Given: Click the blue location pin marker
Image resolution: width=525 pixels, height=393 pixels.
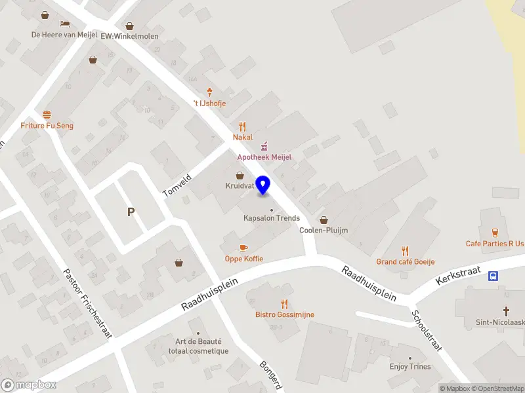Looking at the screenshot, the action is point(263,185).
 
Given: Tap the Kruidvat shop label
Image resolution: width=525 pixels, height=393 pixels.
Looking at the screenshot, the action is point(240,186).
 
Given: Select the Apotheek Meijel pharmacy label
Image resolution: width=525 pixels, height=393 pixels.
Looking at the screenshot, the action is point(264,157).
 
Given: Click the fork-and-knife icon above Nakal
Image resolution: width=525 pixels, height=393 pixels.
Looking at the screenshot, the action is point(242,126).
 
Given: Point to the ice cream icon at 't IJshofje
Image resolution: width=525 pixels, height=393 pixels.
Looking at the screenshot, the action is point(209,92).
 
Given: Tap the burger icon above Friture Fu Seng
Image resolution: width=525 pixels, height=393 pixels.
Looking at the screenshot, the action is point(47,115).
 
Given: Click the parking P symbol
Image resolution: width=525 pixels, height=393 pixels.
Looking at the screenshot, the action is point(131,212).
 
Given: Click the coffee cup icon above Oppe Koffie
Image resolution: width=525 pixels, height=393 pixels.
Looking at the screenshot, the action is point(243,248).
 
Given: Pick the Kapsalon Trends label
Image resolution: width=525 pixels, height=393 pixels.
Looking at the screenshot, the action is point(272,218).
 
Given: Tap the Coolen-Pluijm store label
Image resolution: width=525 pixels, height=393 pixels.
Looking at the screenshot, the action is point(323,230).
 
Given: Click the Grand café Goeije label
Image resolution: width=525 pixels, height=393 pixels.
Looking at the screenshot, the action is point(405,262).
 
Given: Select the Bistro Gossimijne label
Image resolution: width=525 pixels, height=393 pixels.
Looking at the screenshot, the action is point(285,314).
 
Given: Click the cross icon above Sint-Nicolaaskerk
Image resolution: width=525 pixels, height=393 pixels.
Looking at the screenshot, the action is point(507,310).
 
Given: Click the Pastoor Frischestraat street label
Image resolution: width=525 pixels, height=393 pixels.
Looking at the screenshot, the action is point(87,303).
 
